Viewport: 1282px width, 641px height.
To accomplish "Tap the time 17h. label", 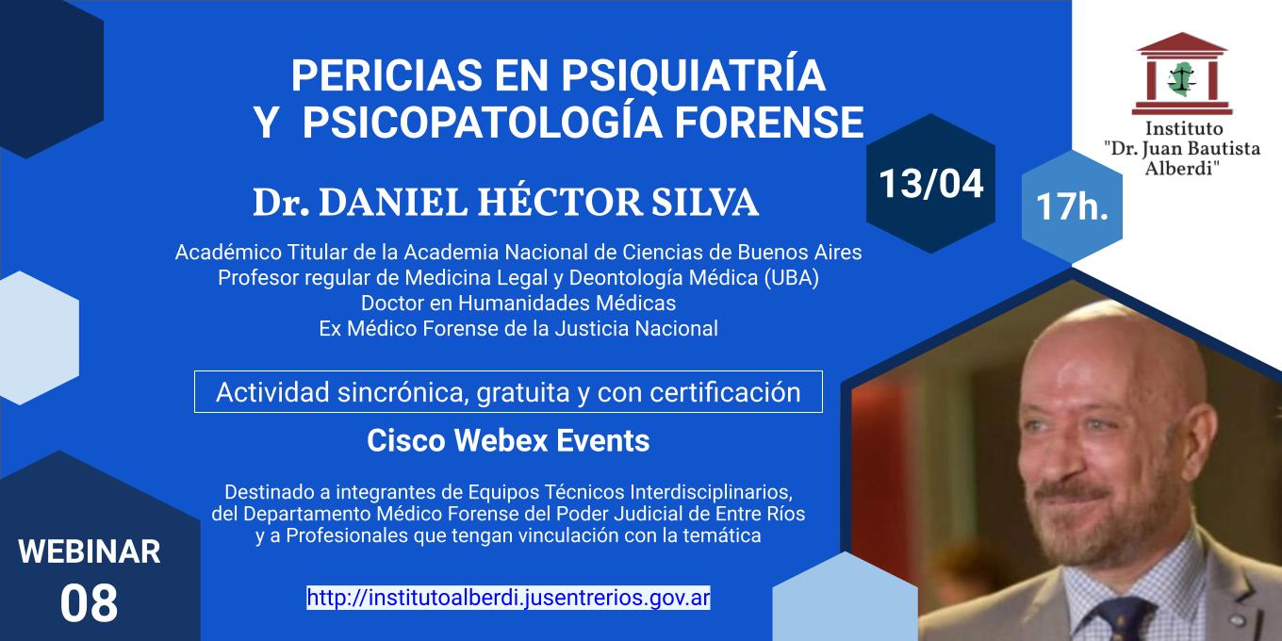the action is (1072, 206).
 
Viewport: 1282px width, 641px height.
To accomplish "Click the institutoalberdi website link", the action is (508, 598).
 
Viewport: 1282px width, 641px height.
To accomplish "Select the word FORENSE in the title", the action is (768, 122).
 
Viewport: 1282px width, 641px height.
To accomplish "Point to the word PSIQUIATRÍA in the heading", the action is (693, 74).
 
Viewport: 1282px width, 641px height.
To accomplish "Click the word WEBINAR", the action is (90, 551).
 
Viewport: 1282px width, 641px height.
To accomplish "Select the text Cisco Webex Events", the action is (508, 441).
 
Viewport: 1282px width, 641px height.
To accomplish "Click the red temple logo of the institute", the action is (1182, 74).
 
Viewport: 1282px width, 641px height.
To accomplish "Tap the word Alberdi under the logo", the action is (1181, 169).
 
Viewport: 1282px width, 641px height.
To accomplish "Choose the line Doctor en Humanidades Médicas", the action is (518, 303).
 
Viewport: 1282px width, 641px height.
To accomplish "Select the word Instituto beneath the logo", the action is (1184, 128).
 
